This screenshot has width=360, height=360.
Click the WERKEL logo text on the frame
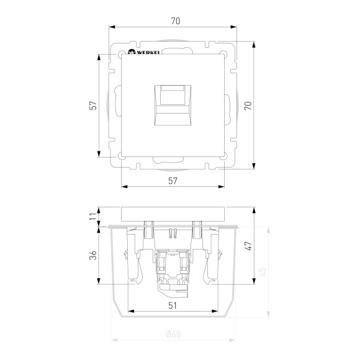tap(144, 52)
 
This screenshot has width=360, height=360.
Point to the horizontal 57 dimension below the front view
tap(173, 181)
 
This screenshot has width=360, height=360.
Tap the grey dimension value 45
tap(263, 271)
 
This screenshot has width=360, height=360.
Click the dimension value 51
tap(173, 306)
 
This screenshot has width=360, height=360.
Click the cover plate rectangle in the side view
tap(173, 214)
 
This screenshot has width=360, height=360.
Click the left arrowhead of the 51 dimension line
tap(128, 312)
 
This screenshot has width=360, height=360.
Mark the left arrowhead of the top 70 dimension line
tap(112, 27)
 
